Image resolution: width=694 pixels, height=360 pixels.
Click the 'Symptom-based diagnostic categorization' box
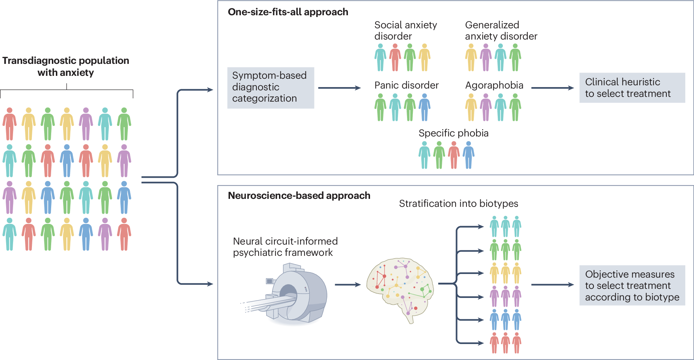click(x=270, y=87)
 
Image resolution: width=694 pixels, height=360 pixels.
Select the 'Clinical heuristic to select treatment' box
click(x=632, y=88)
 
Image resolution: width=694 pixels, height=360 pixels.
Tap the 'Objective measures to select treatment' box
click(x=632, y=285)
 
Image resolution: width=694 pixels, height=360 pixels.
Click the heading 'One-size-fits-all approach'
click(x=288, y=12)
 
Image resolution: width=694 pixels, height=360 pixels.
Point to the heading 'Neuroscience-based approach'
click(x=299, y=196)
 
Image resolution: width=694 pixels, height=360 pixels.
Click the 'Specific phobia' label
click(x=453, y=133)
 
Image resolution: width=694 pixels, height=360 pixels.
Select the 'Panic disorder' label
click(x=406, y=85)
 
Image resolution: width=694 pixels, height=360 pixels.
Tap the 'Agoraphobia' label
click(x=494, y=85)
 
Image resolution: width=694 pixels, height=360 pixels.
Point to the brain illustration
click(x=400, y=287)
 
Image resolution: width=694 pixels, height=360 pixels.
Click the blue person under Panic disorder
click(x=424, y=107)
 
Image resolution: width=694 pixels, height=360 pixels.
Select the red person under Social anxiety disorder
click(x=395, y=57)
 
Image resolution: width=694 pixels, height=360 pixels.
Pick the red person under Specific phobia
click(x=453, y=155)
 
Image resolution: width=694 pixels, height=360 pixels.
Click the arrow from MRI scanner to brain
click(x=347, y=285)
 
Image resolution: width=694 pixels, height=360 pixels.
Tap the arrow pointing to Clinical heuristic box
click(x=552, y=88)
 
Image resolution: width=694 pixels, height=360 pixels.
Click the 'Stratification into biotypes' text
click(x=458, y=204)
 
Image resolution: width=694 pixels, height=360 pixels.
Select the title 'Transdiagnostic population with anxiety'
click(x=66, y=66)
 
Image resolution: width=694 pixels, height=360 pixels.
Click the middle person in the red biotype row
click(x=505, y=343)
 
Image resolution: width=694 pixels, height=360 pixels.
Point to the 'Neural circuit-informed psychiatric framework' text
click(x=285, y=247)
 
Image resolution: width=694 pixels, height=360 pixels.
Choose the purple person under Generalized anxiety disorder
click(x=486, y=57)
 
